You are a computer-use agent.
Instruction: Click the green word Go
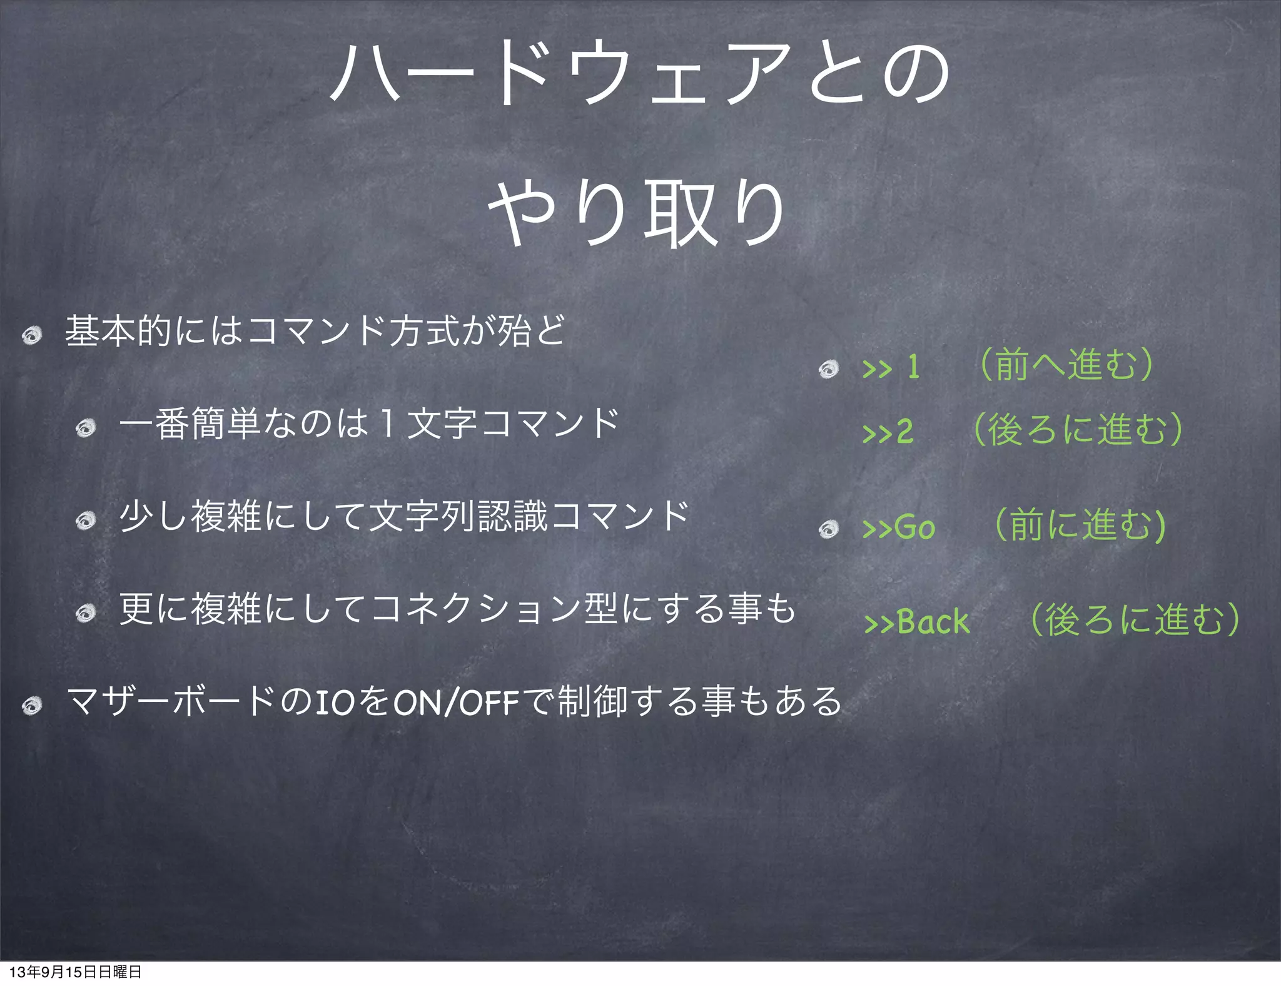coord(914,527)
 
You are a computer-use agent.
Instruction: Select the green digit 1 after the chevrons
coord(913,367)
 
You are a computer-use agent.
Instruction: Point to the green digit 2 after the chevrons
coord(904,432)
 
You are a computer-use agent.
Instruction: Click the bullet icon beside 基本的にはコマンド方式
coord(31,335)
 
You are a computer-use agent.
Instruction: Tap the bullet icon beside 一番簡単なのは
coord(85,428)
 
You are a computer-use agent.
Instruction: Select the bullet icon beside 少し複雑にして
coord(85,521)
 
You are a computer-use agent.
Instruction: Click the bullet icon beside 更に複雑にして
coord(85,613)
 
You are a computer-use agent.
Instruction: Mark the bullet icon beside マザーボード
coord(31,706)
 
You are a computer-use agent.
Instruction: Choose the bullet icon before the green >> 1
coord(829,369)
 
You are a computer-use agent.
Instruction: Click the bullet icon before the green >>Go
coord(829,529)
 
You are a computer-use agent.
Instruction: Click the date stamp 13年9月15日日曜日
coord(75,972)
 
